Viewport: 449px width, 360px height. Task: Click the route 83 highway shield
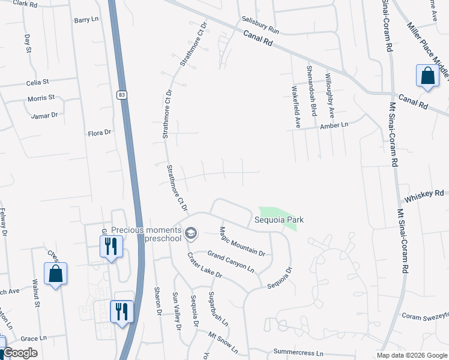click(x=122, y=95)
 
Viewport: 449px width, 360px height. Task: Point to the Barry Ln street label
click(x=86, y=20)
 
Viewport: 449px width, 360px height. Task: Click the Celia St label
click(x=37, y=82)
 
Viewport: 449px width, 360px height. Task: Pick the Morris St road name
click(x=41, y=97)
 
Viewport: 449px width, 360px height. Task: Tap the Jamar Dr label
click(x=46, y=115)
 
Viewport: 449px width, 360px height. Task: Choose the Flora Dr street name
click(x=100, y=133)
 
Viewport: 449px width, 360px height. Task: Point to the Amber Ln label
click(x=334, y=125)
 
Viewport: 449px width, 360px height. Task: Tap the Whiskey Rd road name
click(x=424, y=194)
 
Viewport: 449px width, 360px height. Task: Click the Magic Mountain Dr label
click(x=242, y=241)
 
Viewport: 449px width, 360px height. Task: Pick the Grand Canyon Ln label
click(x=231, y=262)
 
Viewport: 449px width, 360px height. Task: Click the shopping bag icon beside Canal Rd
click(x=427, y=77)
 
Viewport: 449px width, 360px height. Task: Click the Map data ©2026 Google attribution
click(x=411, y=355)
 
